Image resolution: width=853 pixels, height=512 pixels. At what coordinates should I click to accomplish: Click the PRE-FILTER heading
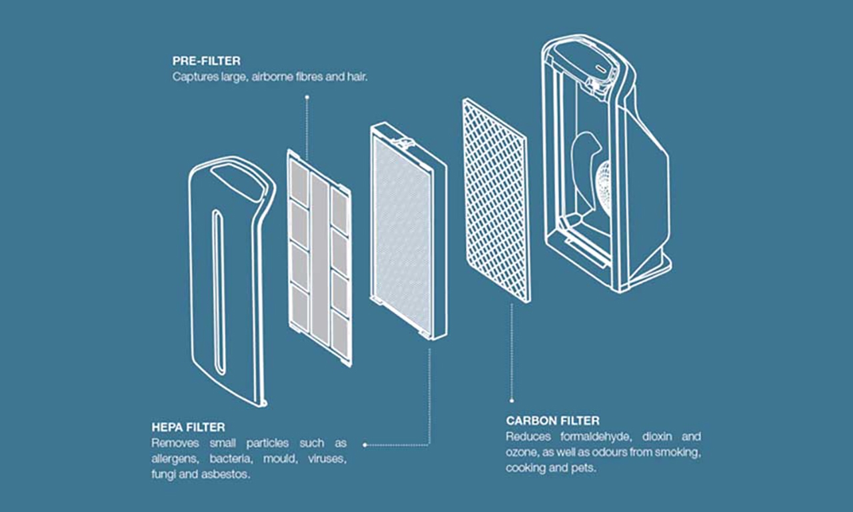[207, 61]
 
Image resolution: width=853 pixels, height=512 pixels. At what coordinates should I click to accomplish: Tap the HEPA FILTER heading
[188, 427]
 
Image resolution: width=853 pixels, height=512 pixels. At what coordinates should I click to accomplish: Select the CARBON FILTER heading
[553, 421]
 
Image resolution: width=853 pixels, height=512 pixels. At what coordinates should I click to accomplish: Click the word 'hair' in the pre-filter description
[357, 77]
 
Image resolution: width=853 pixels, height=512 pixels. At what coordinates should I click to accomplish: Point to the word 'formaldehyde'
[596, 436]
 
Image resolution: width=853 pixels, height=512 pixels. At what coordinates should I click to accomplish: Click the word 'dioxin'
[657, 436]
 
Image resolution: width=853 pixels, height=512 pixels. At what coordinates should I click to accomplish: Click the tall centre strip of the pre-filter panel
[319, 259]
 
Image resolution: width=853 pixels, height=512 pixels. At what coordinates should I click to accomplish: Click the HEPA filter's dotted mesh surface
[403, 236]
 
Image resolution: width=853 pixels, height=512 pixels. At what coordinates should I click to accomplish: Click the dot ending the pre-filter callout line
[307, 97]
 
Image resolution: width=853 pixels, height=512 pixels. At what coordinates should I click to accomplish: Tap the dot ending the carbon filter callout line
[511, 401]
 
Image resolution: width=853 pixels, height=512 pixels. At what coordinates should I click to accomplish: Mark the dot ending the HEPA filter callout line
[365, 445]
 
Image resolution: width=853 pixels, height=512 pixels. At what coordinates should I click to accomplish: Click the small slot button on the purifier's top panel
[600, 69]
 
